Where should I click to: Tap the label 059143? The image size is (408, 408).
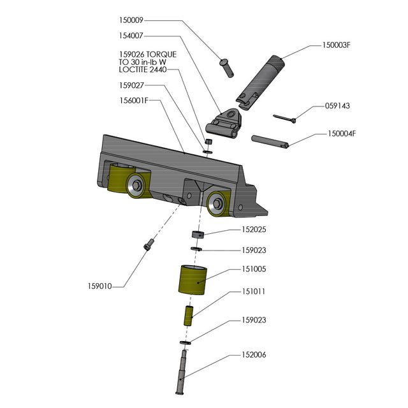coord(337,106)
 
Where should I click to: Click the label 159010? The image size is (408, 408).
coord(100,286)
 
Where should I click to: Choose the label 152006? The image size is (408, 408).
coord(253,355)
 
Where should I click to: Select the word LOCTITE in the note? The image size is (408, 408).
coord(136,70)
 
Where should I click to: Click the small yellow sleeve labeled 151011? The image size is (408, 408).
coord(189,316)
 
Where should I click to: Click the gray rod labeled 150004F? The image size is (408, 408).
coord(271,140)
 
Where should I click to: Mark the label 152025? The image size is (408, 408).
coord(253,228)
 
